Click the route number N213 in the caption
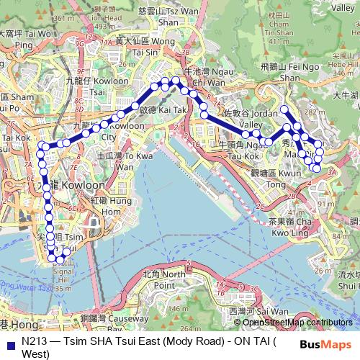click(x=35, y=342)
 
